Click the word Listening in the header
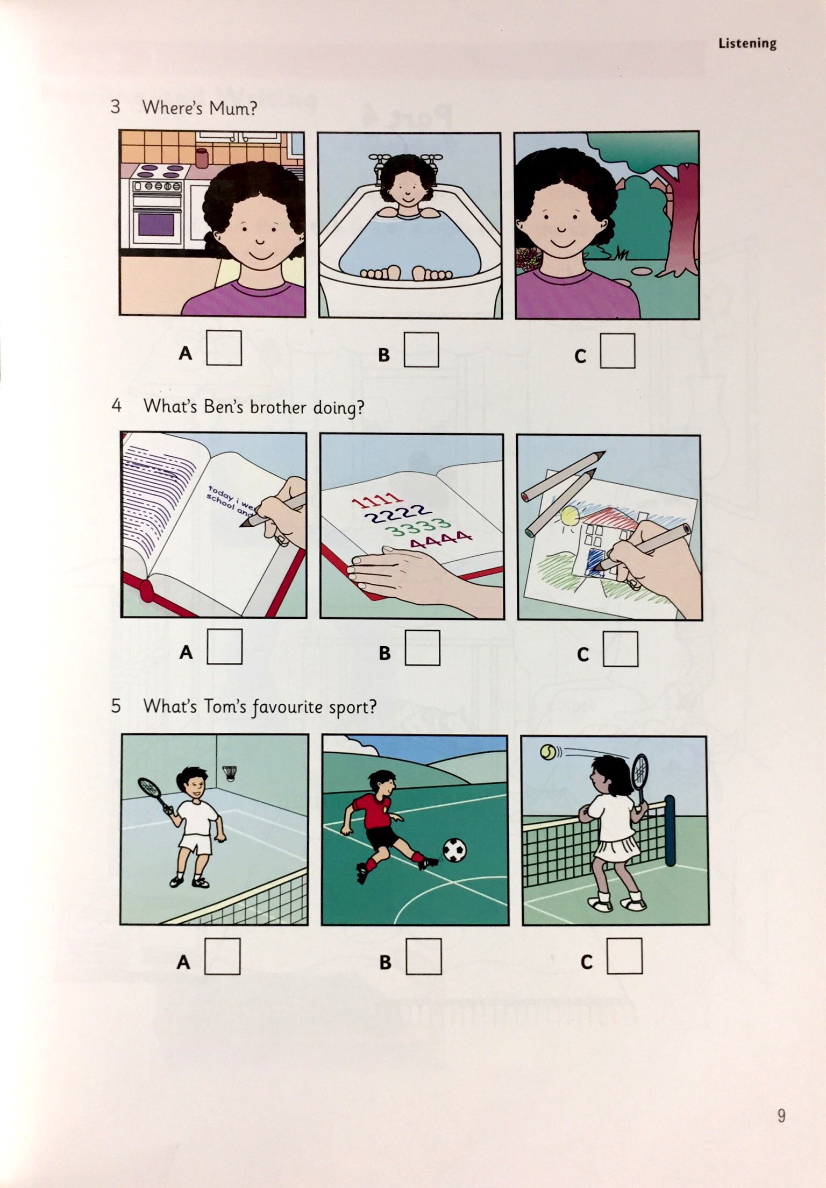pos(747,43)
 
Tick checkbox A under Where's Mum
pos(224,348)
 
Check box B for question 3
pos(421,350)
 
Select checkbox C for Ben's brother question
pos(620,649)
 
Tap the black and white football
pos(454,850)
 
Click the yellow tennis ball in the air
pos(549,752)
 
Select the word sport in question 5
pos(352,707)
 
